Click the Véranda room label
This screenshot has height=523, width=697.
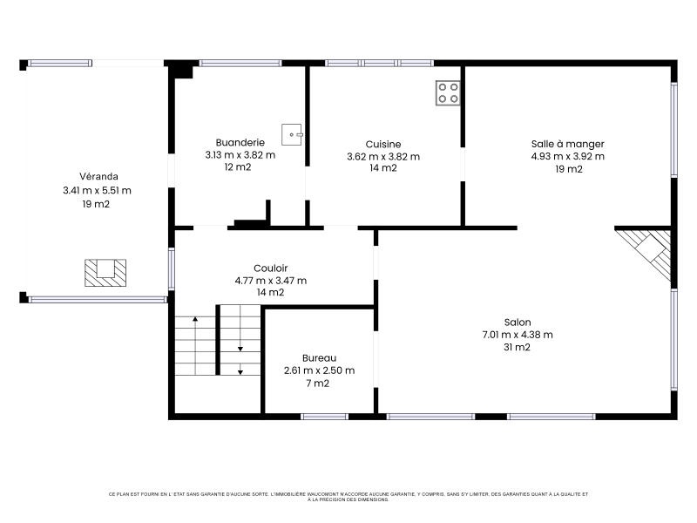pyautogui.click(x=98, y=177)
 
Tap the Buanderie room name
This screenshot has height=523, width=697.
pyautogui.click(x=240, y=142)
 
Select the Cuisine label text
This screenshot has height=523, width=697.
pyautogui.click(x=383, y=144)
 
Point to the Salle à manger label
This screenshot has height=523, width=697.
pyautogui.click(x=568, y=144)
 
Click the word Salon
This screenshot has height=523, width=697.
pyautogui.click(x=518, y=323)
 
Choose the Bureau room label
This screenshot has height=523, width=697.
pyautogui.click(x=319, y=358)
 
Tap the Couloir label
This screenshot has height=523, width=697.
pyautogui.click(x=271, y=268)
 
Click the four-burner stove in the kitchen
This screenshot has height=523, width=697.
pyautogui.click(x=448, y=93)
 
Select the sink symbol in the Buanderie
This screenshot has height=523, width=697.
pyautogui.click(x=292, y=134)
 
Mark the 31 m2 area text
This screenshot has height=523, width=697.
pyautogui.click(x=517, y=347)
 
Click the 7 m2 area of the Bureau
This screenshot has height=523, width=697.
pyautogui.click(x=317, y=384)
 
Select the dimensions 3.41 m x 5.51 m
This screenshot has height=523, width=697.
pyautogui.click(x=97, y=190)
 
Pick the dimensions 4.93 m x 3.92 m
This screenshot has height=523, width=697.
pyautogui.click(x=568, y=157)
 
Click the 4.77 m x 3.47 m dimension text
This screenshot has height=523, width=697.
pyautogui.click(x=271, y=281)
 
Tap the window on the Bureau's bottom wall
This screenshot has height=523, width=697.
pyautogui.click(x=324, y=417)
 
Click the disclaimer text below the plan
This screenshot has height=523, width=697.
pyautogui.click(x=348, y=497)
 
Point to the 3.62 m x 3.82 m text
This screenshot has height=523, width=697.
pyautogui.click(x=383, y=157)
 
